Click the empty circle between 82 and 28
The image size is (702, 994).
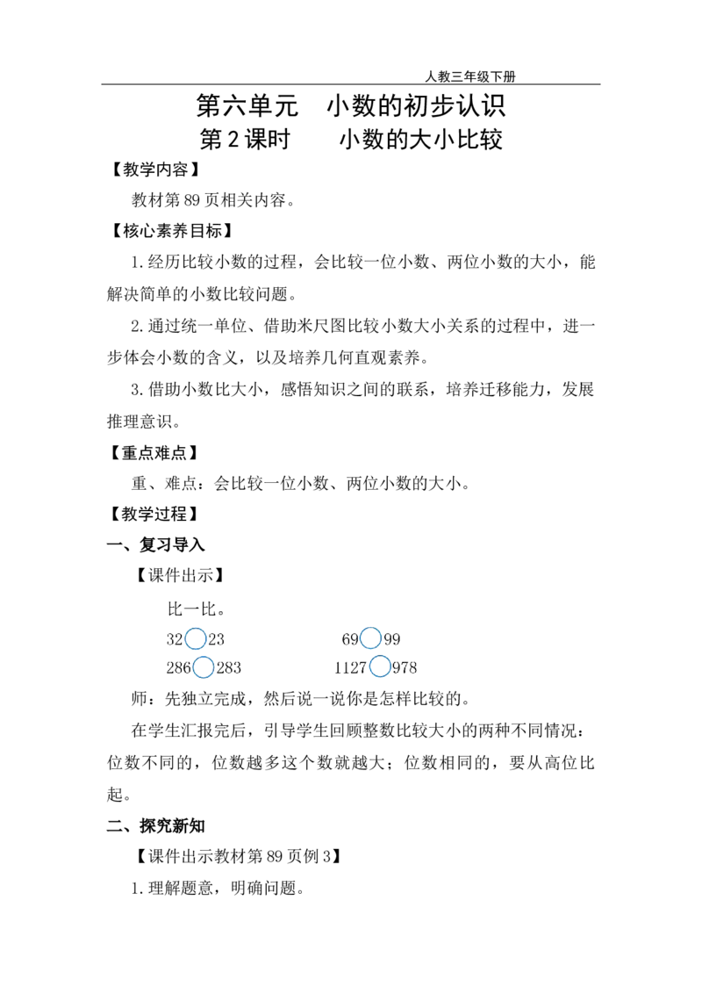(x=195, y=638)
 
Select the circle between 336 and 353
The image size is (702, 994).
(x=203, y=668)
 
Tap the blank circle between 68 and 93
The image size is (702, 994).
(x=370, y=638)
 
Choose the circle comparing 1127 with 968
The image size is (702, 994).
(x=380, y=668)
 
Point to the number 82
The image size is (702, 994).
(x=172, y=639)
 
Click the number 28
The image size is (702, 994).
(x=217, y=639)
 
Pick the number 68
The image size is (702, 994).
(x=348, y=639)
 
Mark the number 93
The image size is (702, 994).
(x=392, y=639)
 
